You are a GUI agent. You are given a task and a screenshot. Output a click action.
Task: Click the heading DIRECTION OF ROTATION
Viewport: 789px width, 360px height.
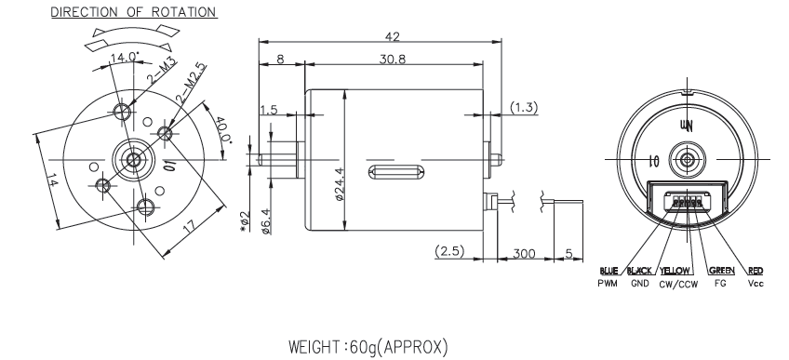coord(134,12)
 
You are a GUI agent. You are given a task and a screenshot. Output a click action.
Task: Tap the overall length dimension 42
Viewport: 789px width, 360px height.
coord(392,36)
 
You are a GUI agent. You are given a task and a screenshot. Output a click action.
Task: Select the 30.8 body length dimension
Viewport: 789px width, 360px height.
coord(393,59)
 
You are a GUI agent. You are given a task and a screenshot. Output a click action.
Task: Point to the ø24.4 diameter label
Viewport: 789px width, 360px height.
coord(341,184)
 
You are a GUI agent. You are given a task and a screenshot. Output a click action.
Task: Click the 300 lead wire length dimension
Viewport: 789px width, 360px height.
coord(524,253)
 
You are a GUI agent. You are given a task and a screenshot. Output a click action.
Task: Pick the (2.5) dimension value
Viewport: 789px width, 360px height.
coord(449,251)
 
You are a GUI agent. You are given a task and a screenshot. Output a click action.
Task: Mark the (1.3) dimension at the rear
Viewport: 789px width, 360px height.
coord(524,107)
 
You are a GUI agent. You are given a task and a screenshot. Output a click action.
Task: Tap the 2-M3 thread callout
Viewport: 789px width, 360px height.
coord(162,71)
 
